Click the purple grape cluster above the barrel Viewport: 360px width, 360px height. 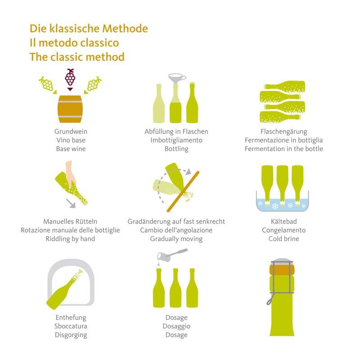[x=70, y=77]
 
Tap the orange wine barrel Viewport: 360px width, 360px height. [x=70, y=109]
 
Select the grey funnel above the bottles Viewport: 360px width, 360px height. [x=177, y=78]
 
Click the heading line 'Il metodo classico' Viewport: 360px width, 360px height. [x=74, y=43]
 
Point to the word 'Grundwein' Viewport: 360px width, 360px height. [x=71, y=131]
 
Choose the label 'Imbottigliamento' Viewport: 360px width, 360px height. [x=176, y=140]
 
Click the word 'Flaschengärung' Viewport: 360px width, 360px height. [x=284, y=132]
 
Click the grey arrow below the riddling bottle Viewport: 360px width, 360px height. [x=71, y=203]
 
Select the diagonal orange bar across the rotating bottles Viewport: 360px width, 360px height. [x=183, y=191]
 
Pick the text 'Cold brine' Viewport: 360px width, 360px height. [x=284, y=239]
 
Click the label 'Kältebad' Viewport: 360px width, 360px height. [x=284, y=221]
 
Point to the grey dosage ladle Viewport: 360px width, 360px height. [x=172, y=255]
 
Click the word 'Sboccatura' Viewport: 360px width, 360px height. [x=71, y=326]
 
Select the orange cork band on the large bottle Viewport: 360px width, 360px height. [x=282, y=269]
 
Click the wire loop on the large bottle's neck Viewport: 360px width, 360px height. [x=269, y=301]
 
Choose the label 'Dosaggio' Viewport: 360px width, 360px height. [x=176, y=326]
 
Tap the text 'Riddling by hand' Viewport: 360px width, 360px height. [x=70, y=239]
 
